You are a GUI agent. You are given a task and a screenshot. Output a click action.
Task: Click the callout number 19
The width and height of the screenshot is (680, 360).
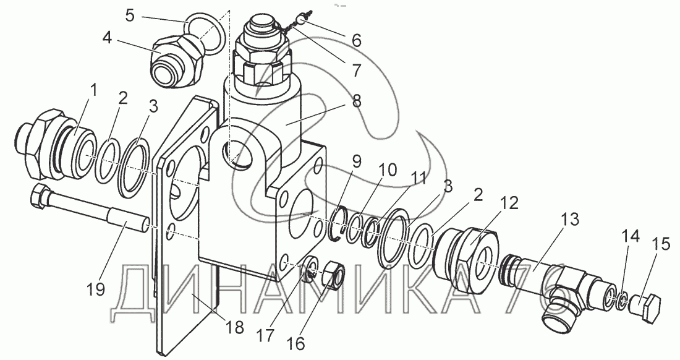click(95, 288)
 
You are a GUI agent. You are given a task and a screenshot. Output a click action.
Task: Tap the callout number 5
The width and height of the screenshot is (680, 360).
click(130, 15)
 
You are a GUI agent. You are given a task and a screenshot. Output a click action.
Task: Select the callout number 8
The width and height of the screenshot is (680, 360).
click(357, 100)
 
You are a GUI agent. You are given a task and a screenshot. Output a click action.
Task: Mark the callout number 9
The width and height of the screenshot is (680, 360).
click(356, 162)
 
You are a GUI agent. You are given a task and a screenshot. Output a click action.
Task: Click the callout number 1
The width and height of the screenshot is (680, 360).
click(94, 91)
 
